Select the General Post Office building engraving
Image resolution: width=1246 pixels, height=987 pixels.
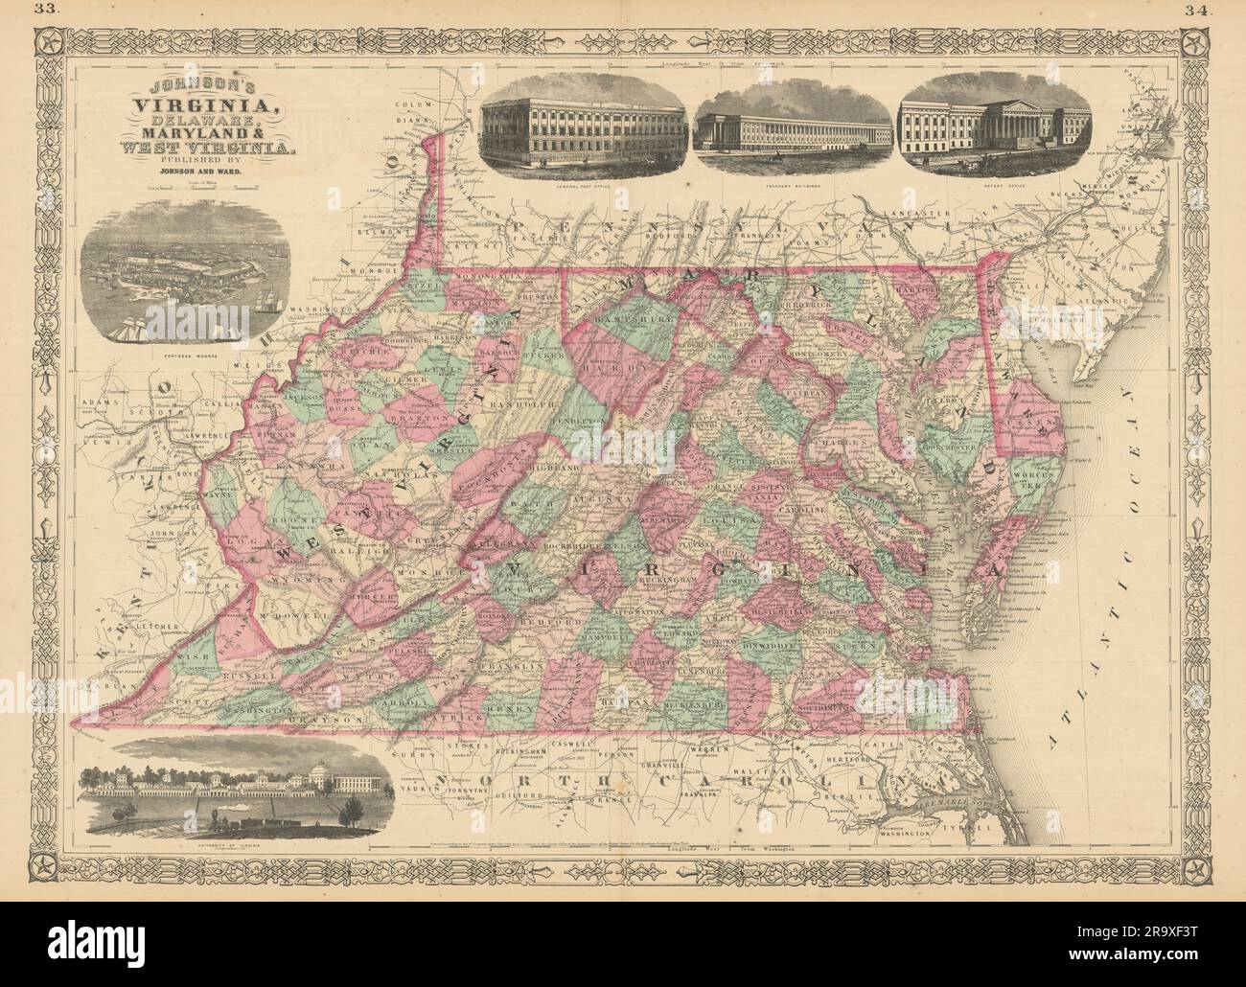pyautogui.click(x=584, y=127)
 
